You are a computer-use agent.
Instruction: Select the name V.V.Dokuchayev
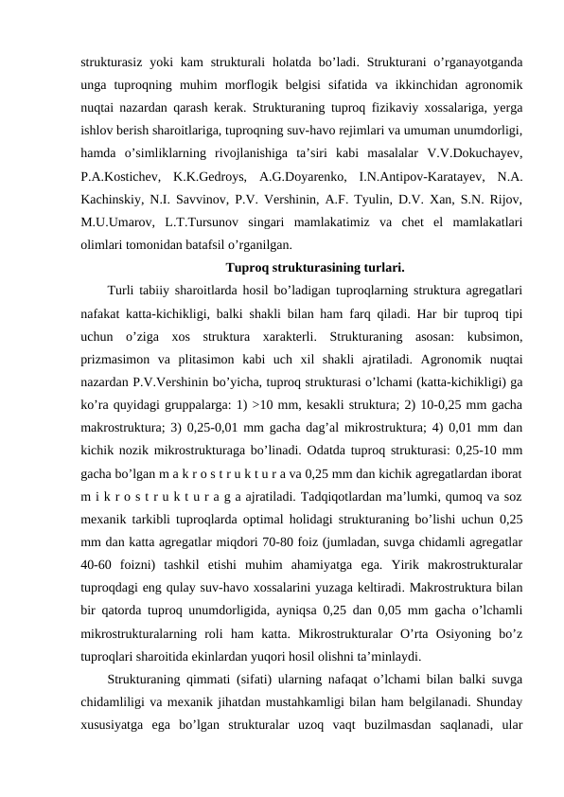coord(479,152)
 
